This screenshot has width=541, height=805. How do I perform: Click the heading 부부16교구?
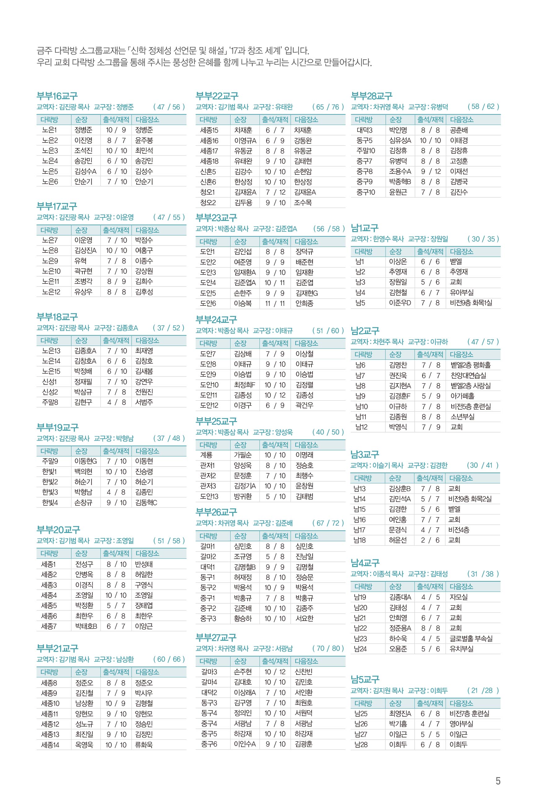coord(57,96)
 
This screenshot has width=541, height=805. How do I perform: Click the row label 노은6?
coord(50,182)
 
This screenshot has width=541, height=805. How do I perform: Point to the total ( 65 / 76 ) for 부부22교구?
coord(328,107)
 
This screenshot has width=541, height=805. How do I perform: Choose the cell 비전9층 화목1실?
coord(471,303)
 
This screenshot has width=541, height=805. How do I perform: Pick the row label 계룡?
coord(206,455)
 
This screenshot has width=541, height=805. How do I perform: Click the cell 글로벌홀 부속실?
coord(471,639)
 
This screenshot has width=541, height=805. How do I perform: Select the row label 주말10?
coord(366,151)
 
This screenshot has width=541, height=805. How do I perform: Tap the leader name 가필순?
coord(243,455)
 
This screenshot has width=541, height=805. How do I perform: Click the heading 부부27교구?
coord(216,637)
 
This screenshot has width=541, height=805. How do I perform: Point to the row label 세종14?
coord(50,745)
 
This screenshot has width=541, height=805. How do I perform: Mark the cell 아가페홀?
coord(462,396)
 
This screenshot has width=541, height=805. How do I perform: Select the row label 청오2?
coord(208,203)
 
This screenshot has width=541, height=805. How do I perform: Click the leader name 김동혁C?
coord(146,503)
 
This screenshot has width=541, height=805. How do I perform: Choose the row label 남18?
coord(360,540)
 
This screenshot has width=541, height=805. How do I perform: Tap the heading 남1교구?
coord(365,228)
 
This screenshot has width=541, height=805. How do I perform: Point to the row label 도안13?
coord(209,496)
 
